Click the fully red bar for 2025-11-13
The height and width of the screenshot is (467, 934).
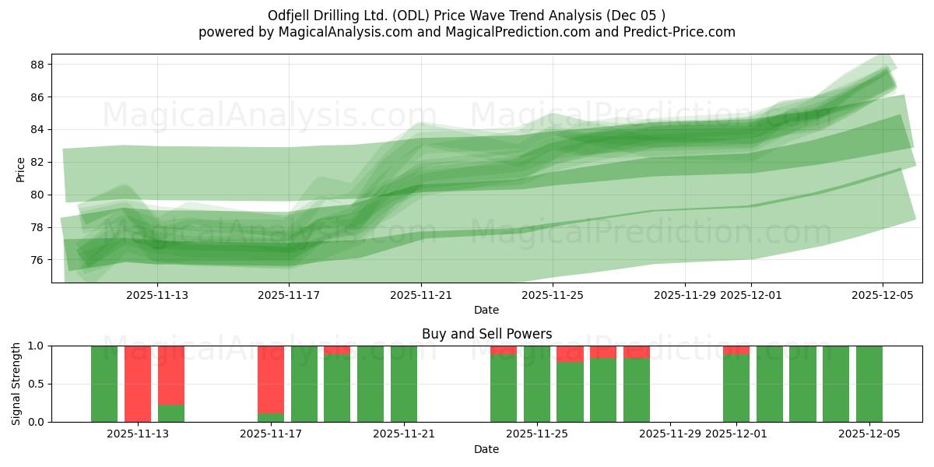point(138,384)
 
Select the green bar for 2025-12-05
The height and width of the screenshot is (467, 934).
point(869,384)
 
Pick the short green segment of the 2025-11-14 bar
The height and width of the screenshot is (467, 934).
point(171,413)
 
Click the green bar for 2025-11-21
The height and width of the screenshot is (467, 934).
point(404,384)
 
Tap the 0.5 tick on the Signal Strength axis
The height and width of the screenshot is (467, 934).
point(37,384)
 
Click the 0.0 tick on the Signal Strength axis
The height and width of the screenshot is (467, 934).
point(37,422)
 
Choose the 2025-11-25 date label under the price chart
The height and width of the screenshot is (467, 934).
point(552,295)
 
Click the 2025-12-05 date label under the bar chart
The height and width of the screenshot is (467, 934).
point(869,434)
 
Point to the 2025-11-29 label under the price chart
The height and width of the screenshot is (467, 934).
point(684,295)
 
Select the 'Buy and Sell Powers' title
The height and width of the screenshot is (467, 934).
point(486,334)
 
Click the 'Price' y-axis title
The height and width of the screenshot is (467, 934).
point(21,169)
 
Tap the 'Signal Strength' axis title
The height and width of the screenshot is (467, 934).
point(16,384)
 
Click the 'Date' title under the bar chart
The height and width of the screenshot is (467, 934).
point(486,449)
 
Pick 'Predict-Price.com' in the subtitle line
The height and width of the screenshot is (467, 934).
point(682,32)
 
